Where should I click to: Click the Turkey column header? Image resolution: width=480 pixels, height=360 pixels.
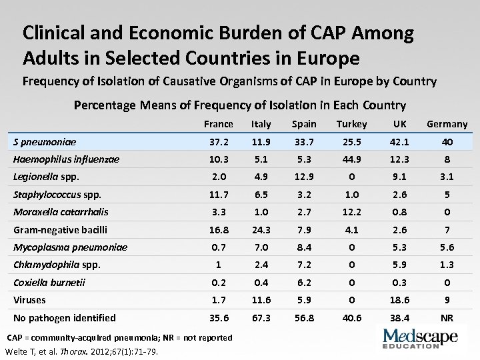(351, 124)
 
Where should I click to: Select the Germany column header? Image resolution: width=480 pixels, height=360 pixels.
(447, 124)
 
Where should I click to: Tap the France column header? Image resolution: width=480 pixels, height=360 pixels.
(219, 124)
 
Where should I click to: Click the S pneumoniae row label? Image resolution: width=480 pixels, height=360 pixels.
(45, 142)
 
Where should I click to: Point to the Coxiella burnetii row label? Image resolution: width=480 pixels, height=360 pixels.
(49, 283)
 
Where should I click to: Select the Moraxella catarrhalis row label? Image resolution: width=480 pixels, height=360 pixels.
(61, 212)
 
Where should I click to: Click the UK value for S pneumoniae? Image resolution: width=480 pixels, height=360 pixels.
(400, 142)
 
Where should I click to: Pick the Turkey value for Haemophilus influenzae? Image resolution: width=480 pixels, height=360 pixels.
(351, 160)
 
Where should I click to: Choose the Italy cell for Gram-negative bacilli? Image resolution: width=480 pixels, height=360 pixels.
(261, 230)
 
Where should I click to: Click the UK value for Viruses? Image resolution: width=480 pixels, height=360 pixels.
(400, 301)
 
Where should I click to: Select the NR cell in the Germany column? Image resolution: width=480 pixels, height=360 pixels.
(447, 319)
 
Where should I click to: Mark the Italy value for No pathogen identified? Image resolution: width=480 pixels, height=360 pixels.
(261, 319)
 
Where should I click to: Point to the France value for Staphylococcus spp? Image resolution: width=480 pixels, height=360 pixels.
(219, 195)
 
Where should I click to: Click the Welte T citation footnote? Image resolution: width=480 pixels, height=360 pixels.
(81, 352)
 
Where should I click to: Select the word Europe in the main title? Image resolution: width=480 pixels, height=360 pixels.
(327, 58)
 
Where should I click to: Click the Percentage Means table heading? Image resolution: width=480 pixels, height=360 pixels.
(239, 105)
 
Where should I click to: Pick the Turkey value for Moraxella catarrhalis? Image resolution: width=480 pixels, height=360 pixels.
(351, 212)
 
